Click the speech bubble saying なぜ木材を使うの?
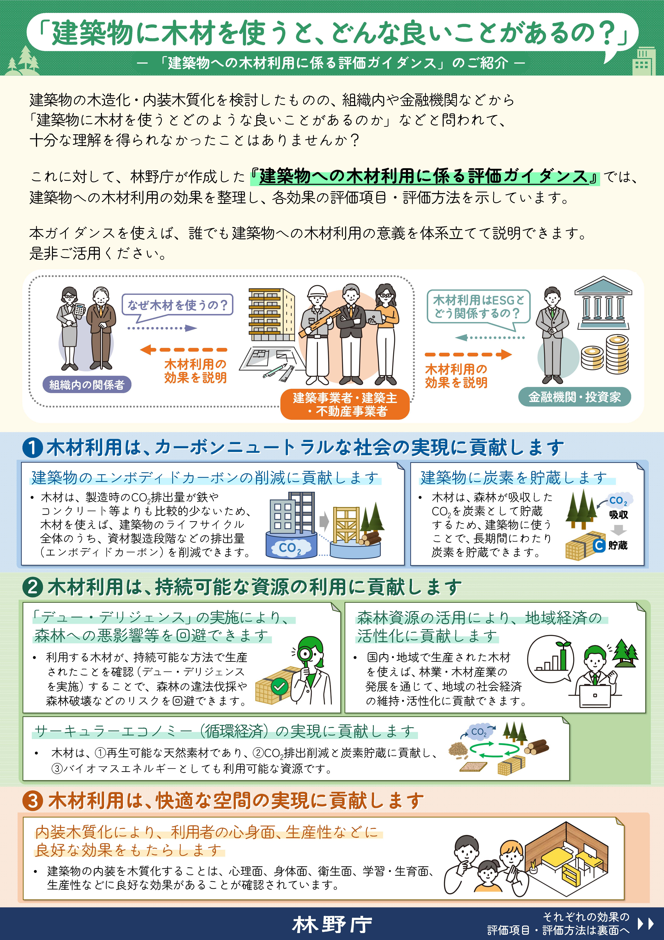[177, 305]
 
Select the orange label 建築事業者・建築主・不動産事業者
[345, 404]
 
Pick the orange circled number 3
[33, 801]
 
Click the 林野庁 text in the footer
[332, 924]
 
